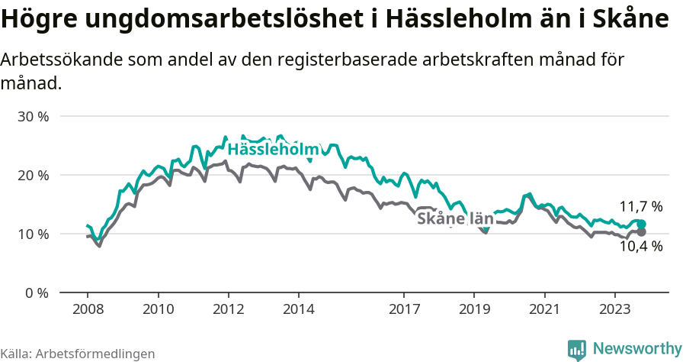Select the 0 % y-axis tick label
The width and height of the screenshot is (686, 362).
pyautogui.click(x=36, y=293)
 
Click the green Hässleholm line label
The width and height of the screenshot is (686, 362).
pyautogui.click(x=272, y=150)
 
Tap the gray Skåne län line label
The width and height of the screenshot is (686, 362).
pyautogui.click(x=455, y=219)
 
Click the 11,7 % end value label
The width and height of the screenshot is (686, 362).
pyautogui.click(x=640, y=206)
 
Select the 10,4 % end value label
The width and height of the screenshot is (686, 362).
pyautogui.click(x=640, y=246)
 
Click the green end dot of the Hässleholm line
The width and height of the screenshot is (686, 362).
pyautogui.click(x=641, y=224)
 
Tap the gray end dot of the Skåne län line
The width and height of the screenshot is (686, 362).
pyautogui.click(x=641, y=231)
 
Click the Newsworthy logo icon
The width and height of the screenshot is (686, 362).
pyautogui.click(x=577, y=349)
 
